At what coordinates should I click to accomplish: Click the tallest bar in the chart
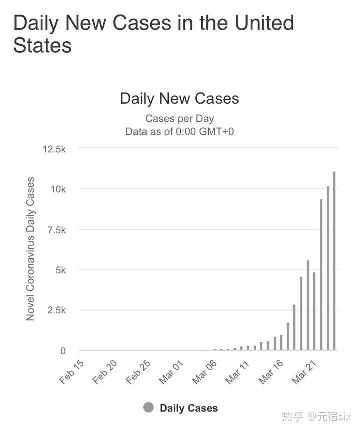pos(334,261)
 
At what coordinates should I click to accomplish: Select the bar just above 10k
pos(328,268)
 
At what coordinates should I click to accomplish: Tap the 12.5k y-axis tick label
pos(54,149)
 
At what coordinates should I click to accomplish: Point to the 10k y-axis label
pos(58,189)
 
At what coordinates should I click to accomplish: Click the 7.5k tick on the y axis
pos(57,230)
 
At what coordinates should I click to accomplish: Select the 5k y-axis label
pos(60,270)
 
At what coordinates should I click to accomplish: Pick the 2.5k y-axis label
pos(57,310)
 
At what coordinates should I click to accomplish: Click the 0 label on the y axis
pos(63,351)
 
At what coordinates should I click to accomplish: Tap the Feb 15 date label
pos(71,372)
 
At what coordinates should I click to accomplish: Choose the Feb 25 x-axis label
pos(138,372)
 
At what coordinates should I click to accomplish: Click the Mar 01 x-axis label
pos(171,372)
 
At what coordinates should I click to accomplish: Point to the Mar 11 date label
pos(237,372)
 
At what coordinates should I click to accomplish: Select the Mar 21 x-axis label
pos(304,372)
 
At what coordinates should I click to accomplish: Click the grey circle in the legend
pos(148,407)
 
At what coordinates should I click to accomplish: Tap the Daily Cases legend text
pos(189,408)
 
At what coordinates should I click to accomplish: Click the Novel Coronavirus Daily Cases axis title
pos(30,249)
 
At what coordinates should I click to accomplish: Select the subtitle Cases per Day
pos(179,119)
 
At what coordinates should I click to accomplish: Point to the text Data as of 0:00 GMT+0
pos(179,131)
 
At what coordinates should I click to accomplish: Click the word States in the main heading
pos(42,45)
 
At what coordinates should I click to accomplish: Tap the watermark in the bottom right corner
pos(316,416)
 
